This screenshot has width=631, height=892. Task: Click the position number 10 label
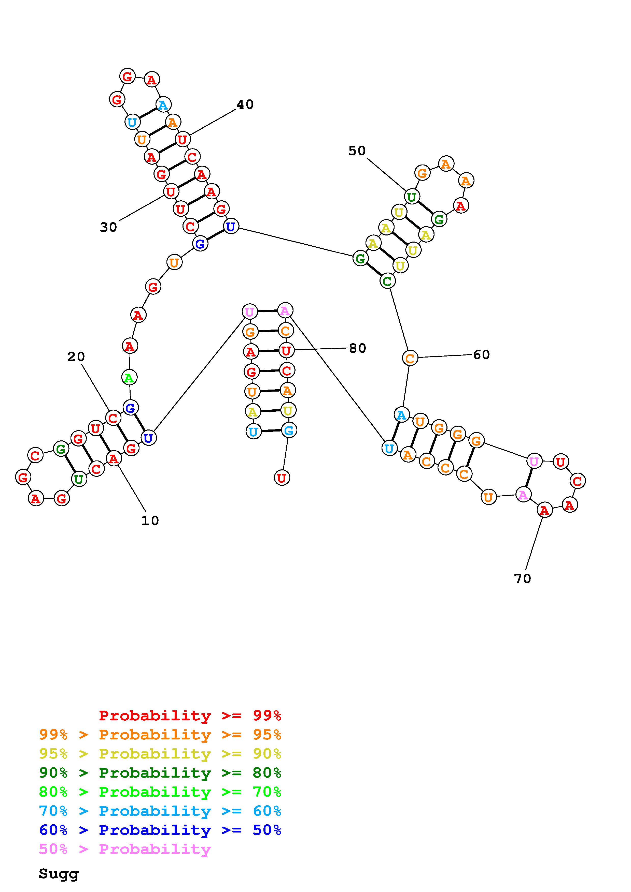pos(150,521)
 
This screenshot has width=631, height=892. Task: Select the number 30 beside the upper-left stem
pos(108,227)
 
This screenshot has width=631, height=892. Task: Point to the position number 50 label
pos(357,151)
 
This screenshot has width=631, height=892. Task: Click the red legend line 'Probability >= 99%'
pos(190,715)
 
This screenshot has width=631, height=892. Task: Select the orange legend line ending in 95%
pos(160,734)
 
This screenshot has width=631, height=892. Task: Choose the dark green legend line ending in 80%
pos(160,773)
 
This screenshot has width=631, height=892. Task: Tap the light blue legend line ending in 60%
pos(160,811)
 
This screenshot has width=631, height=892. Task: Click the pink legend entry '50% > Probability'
pos(125,849)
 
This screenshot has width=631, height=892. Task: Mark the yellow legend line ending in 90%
pos(160,753)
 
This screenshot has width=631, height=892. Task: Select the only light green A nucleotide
pos(129,377)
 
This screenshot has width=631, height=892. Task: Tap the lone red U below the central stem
pos(282,478)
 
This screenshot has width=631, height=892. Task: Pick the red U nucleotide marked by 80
pos(286,351)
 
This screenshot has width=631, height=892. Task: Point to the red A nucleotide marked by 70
pos(544,510)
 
